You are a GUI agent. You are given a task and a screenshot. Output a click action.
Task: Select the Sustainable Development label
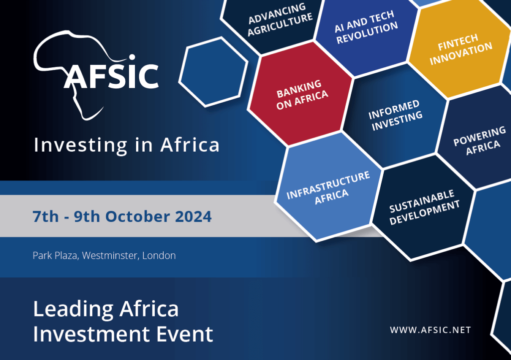[x=424, y=206]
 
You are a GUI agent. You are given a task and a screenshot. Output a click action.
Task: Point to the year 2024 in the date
[x=193, y=217]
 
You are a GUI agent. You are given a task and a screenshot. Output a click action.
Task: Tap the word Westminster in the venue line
[x=109, y=256]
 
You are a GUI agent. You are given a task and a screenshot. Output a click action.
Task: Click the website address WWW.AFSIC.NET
[x=430, y=330]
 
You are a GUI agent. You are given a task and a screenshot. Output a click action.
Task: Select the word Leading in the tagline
[x=66, y=309]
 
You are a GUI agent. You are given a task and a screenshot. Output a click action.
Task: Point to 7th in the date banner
[x=43, y=217]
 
